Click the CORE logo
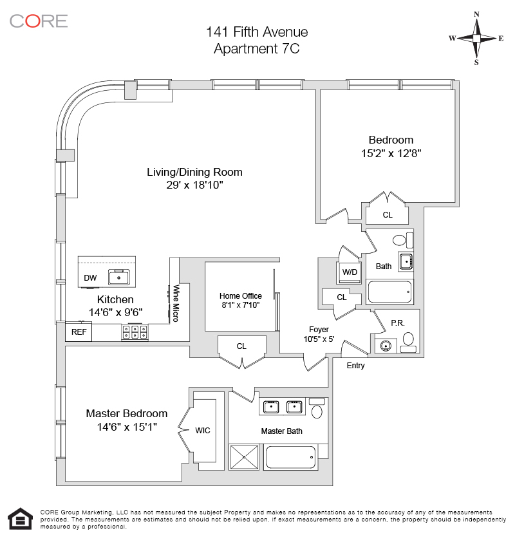(38, 21)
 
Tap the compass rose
(476, 38)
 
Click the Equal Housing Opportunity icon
(20, 519)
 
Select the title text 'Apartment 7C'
(257, 48)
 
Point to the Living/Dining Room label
(194, 172)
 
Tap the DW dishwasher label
(90, 278)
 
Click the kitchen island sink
(119, 277)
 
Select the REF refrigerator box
(79, 332)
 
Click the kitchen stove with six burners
(135, 332)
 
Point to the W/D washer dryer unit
(350, 272)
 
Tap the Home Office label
(241, 296)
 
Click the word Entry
(355, 366)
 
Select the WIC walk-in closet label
(203, 430)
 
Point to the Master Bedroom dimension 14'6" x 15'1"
(127, 427)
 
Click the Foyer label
(319, 329)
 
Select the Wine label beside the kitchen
(175, 297)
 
